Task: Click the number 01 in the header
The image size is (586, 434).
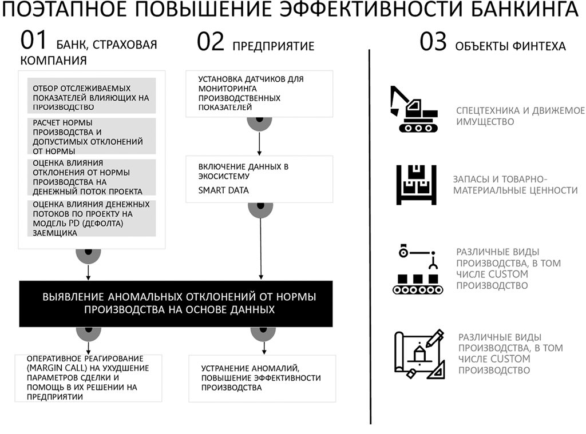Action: [34, 41]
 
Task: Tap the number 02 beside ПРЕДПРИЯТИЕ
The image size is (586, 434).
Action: [211, 42]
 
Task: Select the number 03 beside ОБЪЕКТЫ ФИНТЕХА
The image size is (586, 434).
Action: [433, 42]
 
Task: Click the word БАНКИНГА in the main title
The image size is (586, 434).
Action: [524, 9]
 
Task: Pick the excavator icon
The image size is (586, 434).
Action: [414, 109]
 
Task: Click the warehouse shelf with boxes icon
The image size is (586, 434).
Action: [417, 185]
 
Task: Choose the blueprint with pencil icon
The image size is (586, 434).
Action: [419, 355]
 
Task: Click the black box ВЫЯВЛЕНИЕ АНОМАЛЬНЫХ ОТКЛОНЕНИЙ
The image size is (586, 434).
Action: [176, 304]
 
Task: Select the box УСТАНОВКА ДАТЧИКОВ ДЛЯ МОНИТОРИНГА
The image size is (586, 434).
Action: [259, 94]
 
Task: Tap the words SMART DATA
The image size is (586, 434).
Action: [224, 190]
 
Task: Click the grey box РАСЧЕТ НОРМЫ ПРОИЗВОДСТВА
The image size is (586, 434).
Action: [92, 136]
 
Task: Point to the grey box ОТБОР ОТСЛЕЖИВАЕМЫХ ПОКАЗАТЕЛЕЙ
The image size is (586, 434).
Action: [92, 95]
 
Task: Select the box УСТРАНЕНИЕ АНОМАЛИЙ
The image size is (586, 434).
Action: [262, 379]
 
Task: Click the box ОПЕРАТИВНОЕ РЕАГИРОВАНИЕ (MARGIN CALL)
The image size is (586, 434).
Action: [88, 378]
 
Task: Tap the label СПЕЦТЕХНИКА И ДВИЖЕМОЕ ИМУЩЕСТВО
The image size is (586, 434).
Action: [520, 116]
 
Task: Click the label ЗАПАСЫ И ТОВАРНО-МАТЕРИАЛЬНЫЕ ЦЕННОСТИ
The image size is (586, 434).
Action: [516, 185]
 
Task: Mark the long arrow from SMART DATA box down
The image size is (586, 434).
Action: [261, 248]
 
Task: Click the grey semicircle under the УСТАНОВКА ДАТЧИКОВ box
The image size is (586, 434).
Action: [259, 124]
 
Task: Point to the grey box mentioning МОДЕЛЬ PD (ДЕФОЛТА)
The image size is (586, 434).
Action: [92, 218]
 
